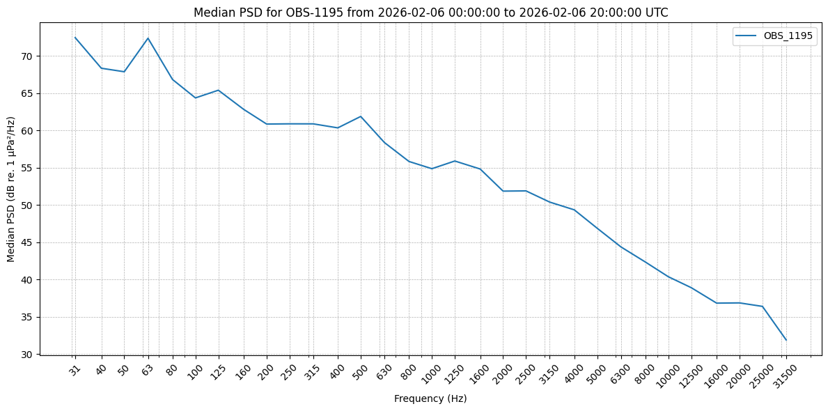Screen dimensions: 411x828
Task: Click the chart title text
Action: click(x=430, y=13)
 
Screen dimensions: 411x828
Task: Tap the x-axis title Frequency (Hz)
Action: click(x=430, y=398)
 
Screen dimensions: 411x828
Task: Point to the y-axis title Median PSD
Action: click(x=11, y=189)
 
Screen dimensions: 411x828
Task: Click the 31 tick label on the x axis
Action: click(x=75, y=371)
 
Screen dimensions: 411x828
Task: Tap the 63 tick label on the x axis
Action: click(x=148, y=371)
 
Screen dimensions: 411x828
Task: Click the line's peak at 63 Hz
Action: click(x=148, y=38)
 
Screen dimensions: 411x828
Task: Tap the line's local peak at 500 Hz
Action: click(x=361, y=116)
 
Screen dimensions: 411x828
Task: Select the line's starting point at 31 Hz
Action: click(x=75, y=38)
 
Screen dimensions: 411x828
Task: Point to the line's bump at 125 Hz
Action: click(x=219, y=91)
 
